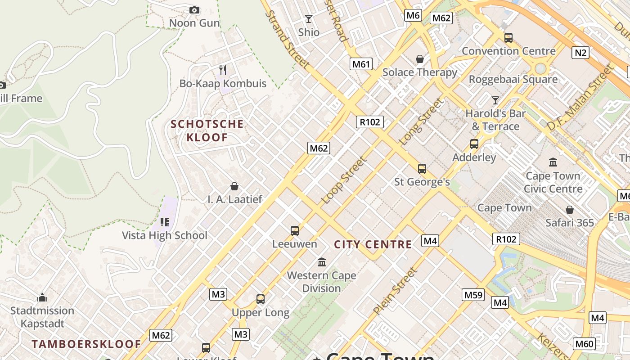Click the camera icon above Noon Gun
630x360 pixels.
194,10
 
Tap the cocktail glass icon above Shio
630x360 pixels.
309,19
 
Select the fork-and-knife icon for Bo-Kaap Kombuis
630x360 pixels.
223,70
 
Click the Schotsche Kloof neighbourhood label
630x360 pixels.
207,130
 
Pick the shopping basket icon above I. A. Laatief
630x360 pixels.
234,186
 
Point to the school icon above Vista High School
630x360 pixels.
165,222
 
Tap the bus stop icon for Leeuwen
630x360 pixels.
295,231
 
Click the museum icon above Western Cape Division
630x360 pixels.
322,262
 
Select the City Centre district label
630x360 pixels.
373,244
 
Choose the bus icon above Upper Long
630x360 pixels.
261,299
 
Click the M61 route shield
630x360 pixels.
361,64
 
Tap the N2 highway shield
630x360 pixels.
580,53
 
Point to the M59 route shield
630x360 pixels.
473,295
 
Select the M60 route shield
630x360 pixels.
584,344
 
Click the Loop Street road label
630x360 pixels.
344,180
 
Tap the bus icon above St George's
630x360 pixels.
422,169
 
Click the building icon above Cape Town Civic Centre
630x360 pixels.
553,162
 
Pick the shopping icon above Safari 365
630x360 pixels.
570,209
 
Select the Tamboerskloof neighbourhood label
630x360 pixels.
86,344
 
